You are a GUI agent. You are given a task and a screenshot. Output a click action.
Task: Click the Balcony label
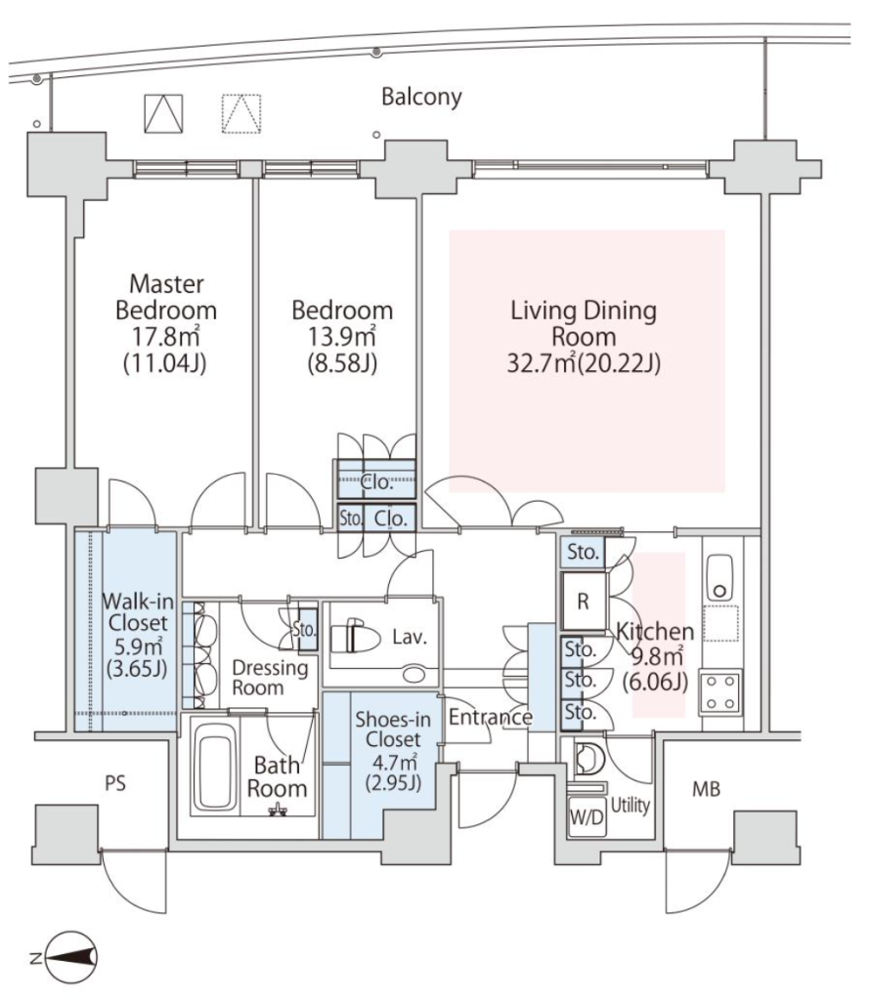(421, 98)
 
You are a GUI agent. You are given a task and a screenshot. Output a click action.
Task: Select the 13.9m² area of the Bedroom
(342, 336)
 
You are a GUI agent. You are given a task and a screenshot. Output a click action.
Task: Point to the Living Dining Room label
(584, 323)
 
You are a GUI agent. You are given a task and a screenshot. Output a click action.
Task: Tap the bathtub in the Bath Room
(215, 767)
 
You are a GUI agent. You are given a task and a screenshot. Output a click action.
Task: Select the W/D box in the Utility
(587, 817)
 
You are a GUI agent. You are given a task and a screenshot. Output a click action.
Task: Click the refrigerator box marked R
(584, 602)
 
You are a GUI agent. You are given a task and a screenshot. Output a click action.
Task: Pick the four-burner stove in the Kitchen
(721, 691)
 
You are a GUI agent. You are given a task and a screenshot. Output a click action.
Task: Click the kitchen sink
(720, 578)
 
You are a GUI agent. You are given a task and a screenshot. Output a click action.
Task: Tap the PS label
(115, 783)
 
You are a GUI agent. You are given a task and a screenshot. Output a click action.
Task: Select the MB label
(707, 789)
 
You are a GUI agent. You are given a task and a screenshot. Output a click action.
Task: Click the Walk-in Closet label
(138, 611)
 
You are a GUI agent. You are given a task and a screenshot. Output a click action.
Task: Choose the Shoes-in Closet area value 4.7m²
(393, 761)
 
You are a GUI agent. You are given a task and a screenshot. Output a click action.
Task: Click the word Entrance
(490, 717)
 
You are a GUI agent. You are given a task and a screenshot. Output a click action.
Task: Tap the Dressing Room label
(270, 678)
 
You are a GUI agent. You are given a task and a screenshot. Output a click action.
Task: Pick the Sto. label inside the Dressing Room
(304, 630)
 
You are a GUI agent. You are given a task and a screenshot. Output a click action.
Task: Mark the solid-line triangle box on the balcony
(163, 114)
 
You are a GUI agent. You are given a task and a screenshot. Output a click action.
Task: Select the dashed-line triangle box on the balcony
(241, 114)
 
